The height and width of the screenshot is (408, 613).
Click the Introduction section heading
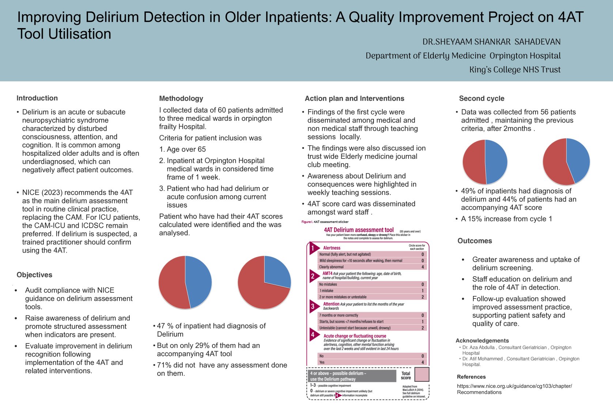point(37,98)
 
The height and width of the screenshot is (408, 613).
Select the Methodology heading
point(181,99)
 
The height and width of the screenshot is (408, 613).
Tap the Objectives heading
point(34,275)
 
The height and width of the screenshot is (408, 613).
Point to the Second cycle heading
point(481,99)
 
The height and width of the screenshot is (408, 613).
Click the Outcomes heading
point(474,241)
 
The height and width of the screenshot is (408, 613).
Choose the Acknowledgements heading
point(482,340)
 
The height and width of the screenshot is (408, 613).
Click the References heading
point(471,377)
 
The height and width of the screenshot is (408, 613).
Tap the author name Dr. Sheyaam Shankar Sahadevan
point(491,42)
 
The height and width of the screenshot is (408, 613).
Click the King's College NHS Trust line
point(515,70)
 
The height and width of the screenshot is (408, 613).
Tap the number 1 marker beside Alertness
point(313,248)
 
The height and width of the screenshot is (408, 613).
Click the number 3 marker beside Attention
point(313,307)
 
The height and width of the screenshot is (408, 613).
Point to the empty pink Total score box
point(422,374)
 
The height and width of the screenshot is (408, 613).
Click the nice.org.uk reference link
point(514,389)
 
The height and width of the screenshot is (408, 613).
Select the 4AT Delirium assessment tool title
point(359,230)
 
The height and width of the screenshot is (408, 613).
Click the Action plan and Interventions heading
point(354,99)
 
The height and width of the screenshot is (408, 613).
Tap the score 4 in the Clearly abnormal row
point(423,267)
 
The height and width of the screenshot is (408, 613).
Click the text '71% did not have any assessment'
point(222,365)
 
